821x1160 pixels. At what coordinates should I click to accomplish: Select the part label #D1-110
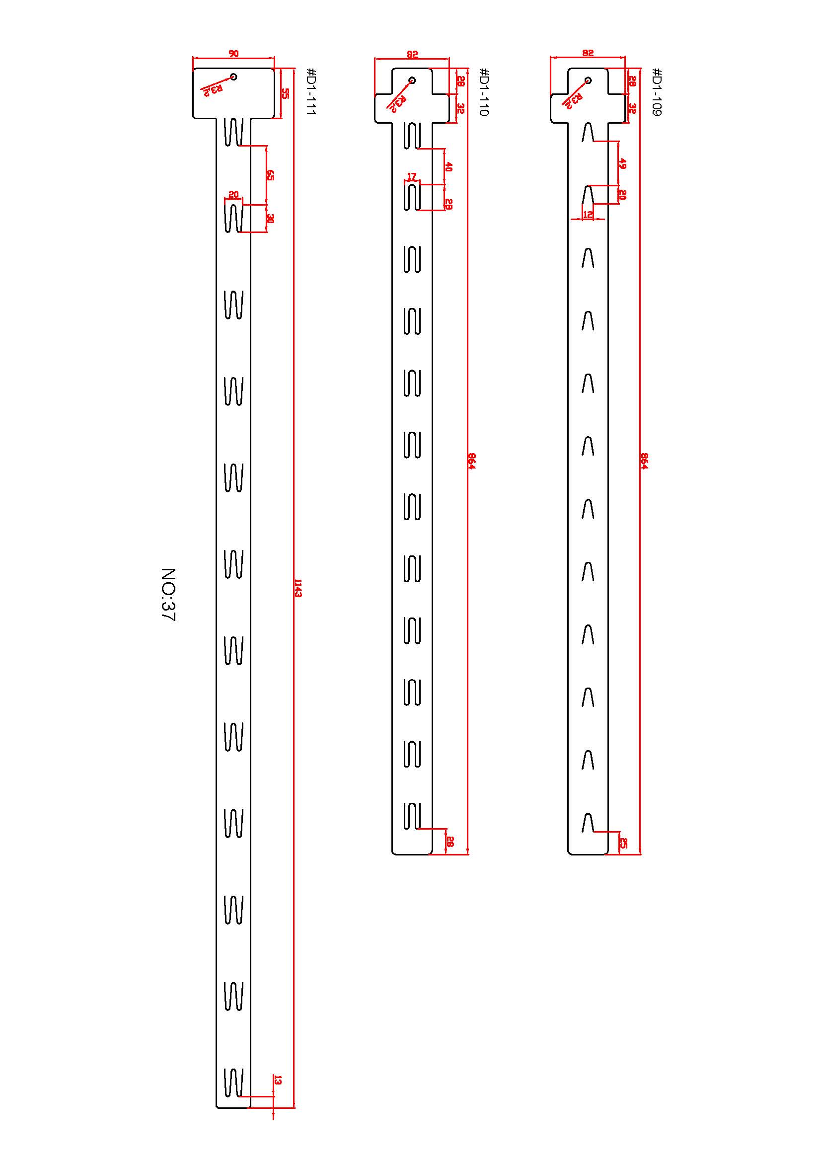pos(484,91)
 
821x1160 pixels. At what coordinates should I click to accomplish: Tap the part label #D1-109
pos(657,91)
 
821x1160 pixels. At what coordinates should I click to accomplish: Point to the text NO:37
pos(168,594)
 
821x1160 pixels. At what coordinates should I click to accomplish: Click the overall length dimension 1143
pos(298,588)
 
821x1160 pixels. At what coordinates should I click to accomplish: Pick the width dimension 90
pos(233,54)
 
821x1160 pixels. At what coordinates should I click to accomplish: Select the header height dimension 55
pos(285,93)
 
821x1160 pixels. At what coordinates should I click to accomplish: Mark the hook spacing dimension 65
pos(270,175)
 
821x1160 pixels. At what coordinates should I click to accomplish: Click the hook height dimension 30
pos(270,219)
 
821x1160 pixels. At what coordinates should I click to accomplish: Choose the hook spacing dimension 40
pos(448,166)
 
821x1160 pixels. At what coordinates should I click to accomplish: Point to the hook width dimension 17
pos(412,176)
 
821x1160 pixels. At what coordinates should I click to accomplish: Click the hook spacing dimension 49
pos(623,163)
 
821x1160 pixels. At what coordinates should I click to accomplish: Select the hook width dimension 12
pos(588,215)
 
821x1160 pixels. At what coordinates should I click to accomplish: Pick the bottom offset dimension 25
pos(623,843)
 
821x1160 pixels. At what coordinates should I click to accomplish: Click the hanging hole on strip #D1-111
pos(233,77)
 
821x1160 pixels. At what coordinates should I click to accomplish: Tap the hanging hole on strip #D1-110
pos(412,80)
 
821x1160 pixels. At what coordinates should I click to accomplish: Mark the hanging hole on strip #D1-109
pos(588,80)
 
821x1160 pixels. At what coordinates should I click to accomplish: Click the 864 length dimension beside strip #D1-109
pos(644,461)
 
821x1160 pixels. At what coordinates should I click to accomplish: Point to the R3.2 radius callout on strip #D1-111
pos(213,90)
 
